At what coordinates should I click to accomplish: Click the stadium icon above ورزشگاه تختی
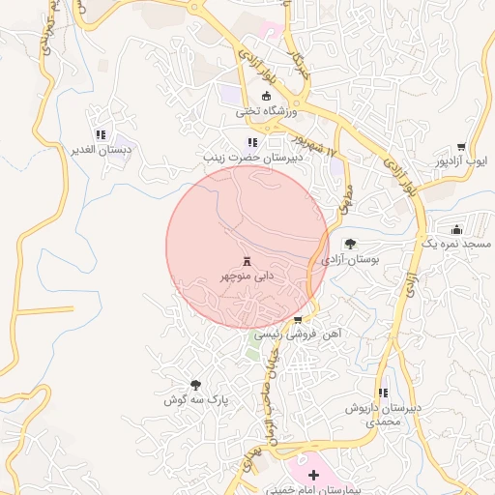[268, 95]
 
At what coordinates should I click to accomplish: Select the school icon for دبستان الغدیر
[100, 134]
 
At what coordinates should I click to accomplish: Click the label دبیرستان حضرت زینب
[247, 157]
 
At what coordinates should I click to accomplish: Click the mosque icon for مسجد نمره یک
[456, 229]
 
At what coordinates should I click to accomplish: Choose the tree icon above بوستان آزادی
[349, 245]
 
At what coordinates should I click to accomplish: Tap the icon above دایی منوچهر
[247, 261]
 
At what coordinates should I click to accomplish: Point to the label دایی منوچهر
[246, 277]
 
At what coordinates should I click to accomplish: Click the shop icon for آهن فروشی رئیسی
[298, 318]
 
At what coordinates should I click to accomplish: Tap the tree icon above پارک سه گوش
[196, 384]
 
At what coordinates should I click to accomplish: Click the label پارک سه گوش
[188, 399]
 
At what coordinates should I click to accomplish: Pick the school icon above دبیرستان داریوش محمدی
[384, 393]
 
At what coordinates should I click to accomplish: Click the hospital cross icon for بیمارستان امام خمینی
[312, 475]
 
